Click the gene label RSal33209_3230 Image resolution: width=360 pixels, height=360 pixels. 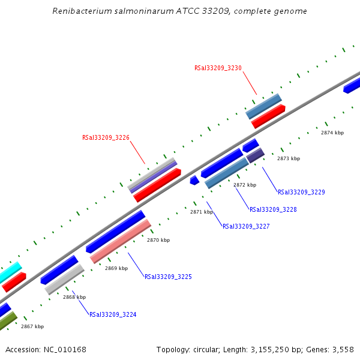pyautogui.click(x=218, y=68)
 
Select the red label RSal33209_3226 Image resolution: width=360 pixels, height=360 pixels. pyautogui.click(x=106, y=138)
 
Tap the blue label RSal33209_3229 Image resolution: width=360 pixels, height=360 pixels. pyautogui.click(x=301, y=193)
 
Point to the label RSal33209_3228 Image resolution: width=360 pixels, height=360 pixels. pyautogui.click(x=273, y=210)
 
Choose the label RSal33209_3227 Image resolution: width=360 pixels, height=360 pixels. pyautogui.click(x=246, y=227)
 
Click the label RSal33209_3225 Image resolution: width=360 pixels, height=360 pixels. pyautogui.click(x=168, y=277)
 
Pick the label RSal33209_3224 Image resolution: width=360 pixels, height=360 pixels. pyautogui.click(x=113, y=314)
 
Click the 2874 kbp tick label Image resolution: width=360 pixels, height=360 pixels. pyautogui.click(x=332, y=133)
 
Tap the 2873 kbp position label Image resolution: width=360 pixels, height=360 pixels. pyautogui.click(x=288, y=158)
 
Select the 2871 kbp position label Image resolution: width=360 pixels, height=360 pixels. pyautogui.click(x=202, y=212)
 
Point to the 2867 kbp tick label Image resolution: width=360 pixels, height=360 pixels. pyautogui.click(x=32, y=326)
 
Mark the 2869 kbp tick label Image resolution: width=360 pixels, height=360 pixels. pyautogui.click(x=116, y=268)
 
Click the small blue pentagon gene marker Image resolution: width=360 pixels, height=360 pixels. pyautogui.click(x=194, y=180)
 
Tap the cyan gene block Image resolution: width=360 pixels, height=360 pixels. pyautogui.click(x=10, y=272)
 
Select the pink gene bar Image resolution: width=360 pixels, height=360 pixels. pyautogui.click(x=121, y=241)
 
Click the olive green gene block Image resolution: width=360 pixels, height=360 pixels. pyautogui.click(x=7, y=322)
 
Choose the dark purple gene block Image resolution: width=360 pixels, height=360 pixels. pyautogui.click(x=256, y=155)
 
